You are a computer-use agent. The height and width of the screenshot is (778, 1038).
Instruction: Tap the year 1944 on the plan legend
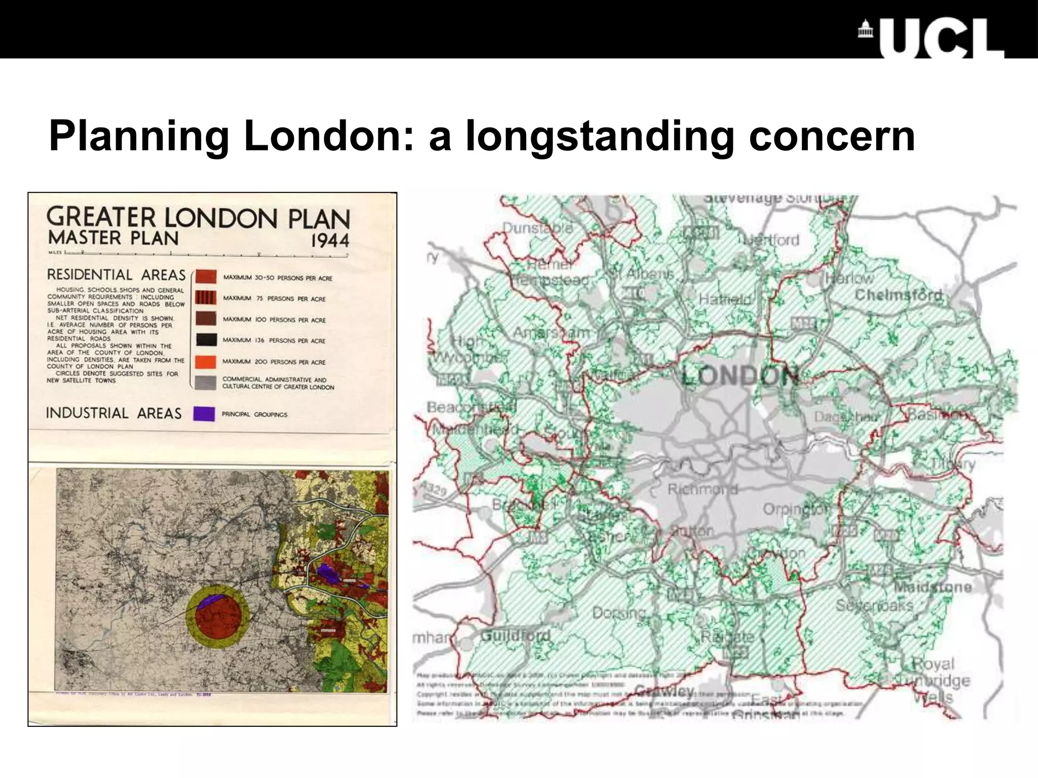330,240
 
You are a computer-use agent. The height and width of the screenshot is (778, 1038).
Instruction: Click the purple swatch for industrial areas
204,414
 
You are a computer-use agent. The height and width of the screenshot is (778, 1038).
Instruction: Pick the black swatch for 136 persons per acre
206,340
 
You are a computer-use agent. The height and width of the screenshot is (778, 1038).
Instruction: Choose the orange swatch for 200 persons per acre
206,361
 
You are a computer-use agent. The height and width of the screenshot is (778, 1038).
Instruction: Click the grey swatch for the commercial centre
206,382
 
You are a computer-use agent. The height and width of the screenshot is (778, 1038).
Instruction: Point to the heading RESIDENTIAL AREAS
116,275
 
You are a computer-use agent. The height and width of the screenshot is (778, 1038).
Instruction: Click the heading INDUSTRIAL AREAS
114,413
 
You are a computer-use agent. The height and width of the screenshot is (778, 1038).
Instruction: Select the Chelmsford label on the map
899,295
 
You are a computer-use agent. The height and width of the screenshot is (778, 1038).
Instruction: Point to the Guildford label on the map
515,635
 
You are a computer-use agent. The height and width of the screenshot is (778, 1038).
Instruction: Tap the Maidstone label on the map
933,587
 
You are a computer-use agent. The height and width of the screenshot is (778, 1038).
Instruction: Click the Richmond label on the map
702,489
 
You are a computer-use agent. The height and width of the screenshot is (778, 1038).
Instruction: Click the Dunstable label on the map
537,228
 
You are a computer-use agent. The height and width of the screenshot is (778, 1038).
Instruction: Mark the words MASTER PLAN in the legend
113,238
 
